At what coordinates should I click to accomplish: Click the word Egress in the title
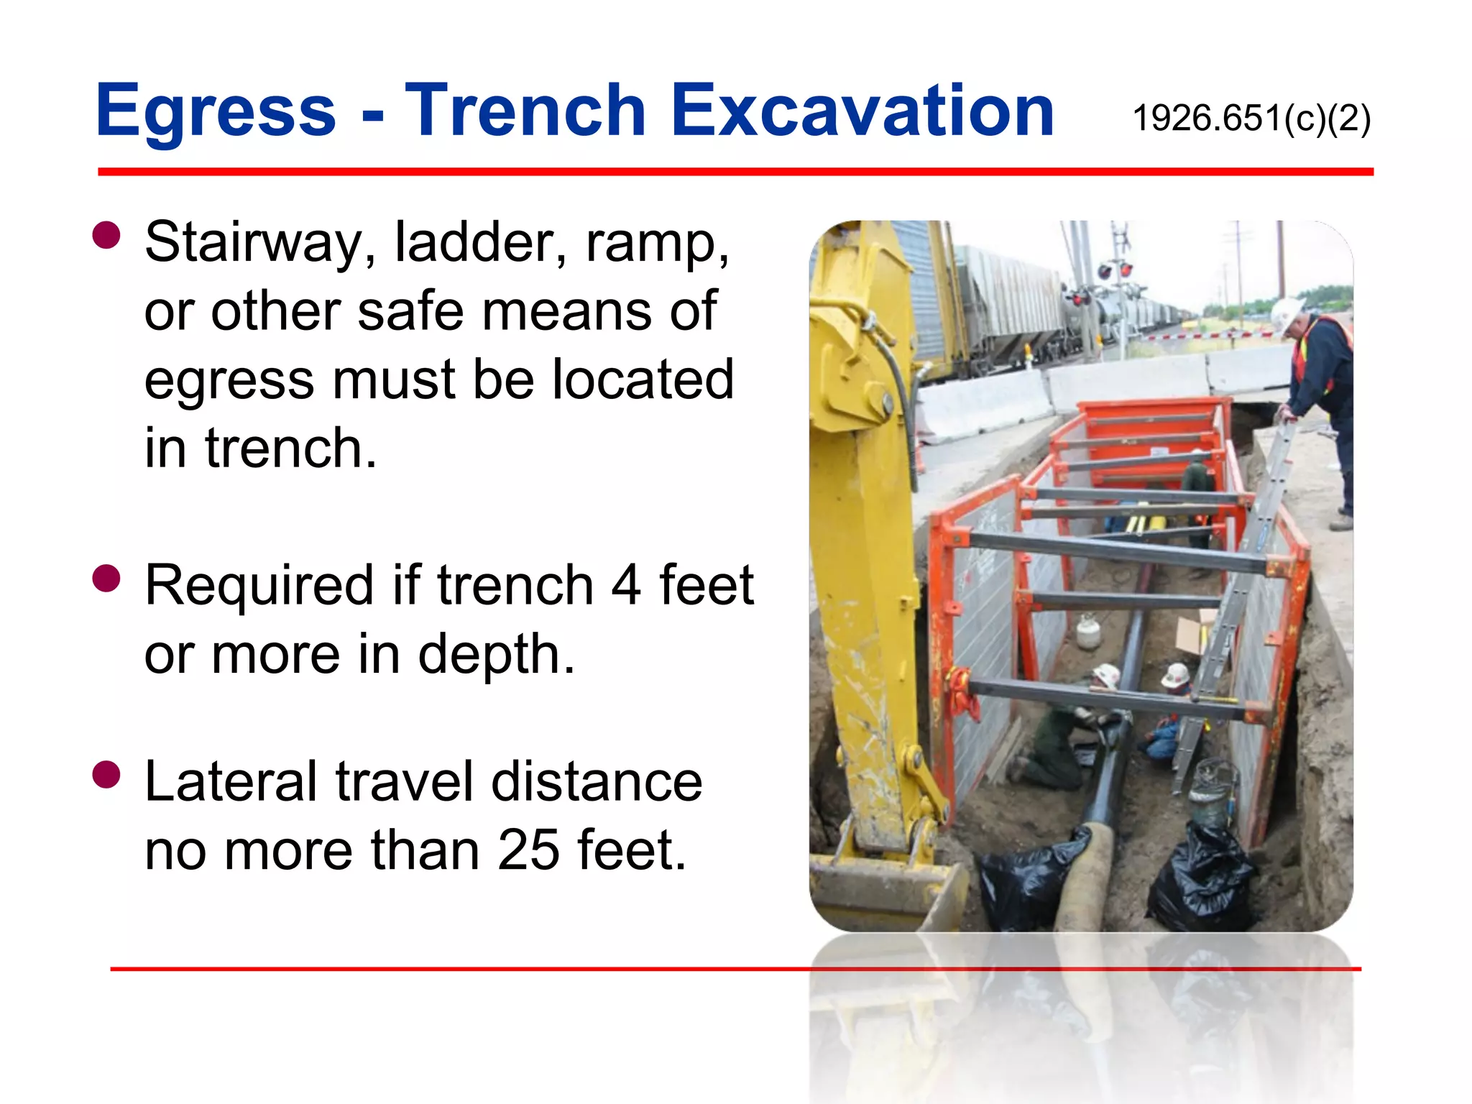click(x=216, y=111)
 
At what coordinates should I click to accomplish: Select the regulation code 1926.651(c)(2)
click(x=1251, y=118)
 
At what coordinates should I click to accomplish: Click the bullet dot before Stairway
click(x=106, y=235)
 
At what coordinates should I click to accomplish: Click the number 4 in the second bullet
click(x=625, y=585)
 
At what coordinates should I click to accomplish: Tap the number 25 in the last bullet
click(x=528, y=850)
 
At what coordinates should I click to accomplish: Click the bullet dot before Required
click(x=106, y=578)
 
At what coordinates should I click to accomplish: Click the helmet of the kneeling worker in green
click(x=1105, y=675)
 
